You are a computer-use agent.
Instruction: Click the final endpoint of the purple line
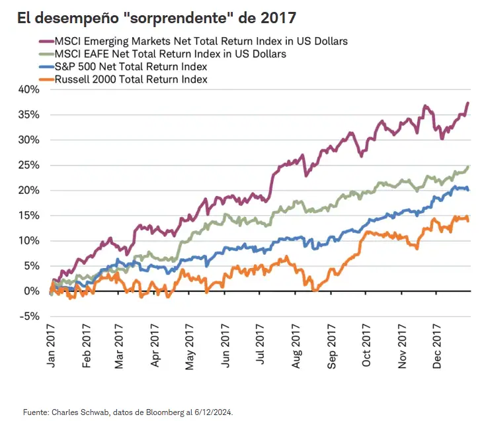click(x=468, y=103)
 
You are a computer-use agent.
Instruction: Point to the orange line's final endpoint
click(x=469, y=220)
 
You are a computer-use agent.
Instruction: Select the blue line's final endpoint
click(x=469, y=190)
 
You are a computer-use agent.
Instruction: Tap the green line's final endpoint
click(x=469, y=167)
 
